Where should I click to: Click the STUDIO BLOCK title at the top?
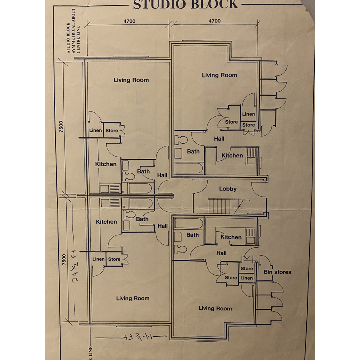[185, 4]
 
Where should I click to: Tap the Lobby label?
[228, 189]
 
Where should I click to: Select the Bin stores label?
[277, 272]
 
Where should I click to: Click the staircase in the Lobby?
[223, 206]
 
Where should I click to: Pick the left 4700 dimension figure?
[130, 21]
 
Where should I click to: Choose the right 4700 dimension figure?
[214, 21]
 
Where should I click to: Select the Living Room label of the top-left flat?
[131, 80]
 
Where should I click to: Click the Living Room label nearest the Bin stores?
[215, 308]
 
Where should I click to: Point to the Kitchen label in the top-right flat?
[232, 155]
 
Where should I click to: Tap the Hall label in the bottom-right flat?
[221, 253]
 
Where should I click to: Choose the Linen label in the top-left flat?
[96, 131]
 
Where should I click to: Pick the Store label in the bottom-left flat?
[114, 259]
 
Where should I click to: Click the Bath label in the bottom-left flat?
[142, 219]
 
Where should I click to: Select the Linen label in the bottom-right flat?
[246, 278]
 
